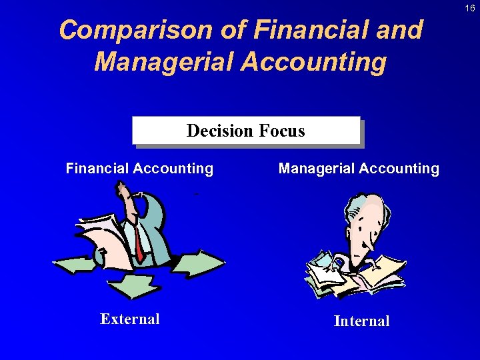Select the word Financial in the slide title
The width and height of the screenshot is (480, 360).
[296, 31]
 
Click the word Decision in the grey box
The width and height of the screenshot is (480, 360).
[216, 131]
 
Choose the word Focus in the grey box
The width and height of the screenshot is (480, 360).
[279, 131]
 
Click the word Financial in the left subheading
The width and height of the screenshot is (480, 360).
[97, 169]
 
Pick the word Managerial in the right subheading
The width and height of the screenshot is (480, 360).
[316, 169]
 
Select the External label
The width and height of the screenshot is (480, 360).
[130, 319]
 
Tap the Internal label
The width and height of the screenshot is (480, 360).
[361, 321]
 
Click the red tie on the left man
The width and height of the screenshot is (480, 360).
[138, 244]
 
